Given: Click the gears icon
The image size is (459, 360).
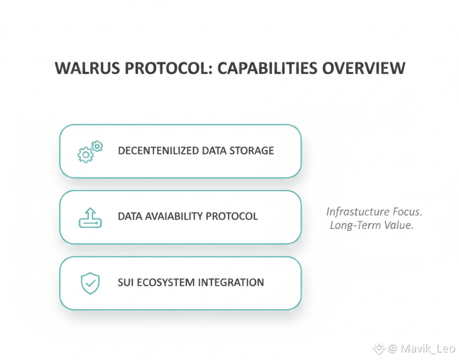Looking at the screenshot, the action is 90,151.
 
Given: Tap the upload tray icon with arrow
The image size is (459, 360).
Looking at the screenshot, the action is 90,217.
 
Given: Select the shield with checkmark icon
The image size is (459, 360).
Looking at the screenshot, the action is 90,283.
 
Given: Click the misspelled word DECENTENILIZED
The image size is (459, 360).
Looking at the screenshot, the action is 159,151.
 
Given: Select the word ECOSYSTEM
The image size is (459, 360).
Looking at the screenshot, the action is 166,282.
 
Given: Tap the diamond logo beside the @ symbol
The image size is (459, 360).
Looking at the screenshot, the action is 379,347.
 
